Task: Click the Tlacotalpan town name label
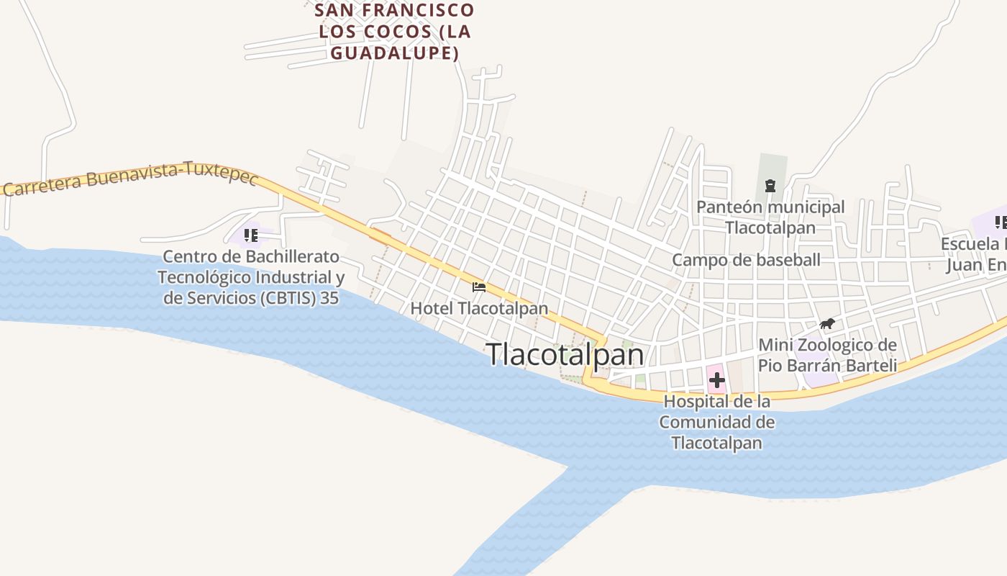(x=565, y=354)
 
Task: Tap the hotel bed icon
(x=479, y=287)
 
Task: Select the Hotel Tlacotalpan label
(x=479, y=308)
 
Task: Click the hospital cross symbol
(x=716, y=380)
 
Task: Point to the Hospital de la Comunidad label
(x=717, y=421)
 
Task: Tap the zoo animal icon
(x=827, y=324)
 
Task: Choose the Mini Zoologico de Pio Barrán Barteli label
(x=827, y=355)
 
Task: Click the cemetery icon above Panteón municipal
(x=770, y=186)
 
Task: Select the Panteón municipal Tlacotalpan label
(x=770, y=217)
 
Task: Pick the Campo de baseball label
(x=746, y=260)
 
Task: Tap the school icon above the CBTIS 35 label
(x=250, y=235)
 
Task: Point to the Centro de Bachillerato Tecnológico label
(x=250, y=276)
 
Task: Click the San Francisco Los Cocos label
(x=395, y=31)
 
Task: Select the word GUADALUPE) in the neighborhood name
(x=395, y=53)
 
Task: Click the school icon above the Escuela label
(x=1001, y=222)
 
